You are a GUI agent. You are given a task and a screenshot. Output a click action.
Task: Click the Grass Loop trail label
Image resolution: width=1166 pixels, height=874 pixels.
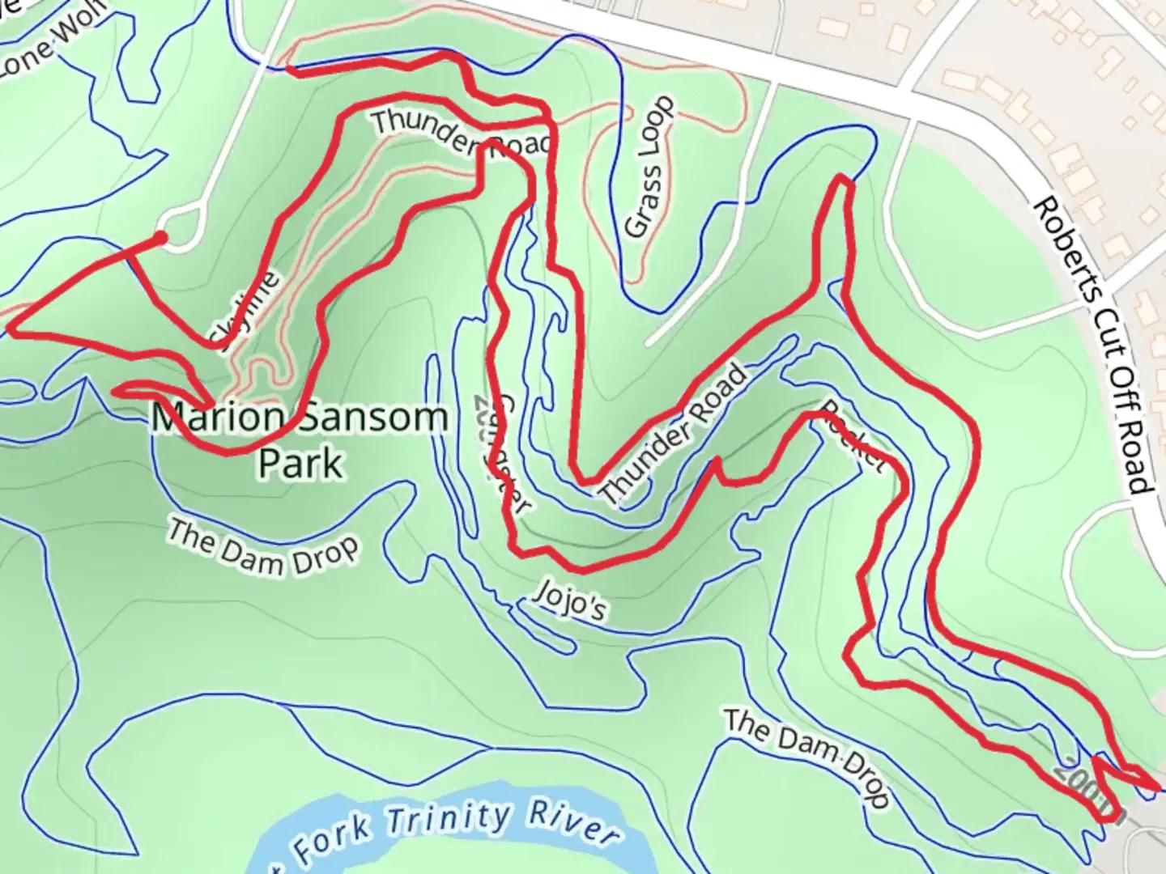click(650, 168)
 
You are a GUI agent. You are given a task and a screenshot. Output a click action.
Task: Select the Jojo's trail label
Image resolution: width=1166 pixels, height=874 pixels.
click(570, 600)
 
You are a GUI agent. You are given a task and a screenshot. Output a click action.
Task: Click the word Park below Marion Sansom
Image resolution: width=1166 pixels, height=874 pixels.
click(300, 464)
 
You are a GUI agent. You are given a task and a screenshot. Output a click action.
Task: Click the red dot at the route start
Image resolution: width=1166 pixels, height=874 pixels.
click(161, 238)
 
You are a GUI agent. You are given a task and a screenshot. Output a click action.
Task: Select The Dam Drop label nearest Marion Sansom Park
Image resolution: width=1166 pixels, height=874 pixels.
click(262, 547)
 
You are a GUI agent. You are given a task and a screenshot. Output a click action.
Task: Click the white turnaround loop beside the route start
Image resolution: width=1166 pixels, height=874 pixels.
click(183, 227)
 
